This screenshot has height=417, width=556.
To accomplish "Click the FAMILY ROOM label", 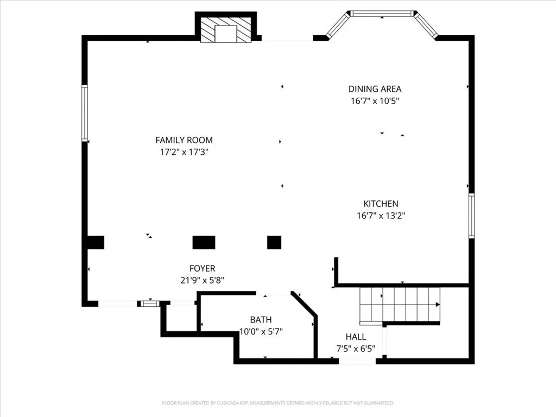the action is pos(184,140).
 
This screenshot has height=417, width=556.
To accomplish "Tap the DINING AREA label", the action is pos(375,89).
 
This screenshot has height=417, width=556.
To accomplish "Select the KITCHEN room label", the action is pos(381,204).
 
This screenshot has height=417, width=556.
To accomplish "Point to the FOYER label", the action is pos(202,268).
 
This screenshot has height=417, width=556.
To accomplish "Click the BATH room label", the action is pos(261,319).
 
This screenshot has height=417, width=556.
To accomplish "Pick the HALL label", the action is pos(356,337).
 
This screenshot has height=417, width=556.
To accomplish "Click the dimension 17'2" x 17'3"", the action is pos(184,152).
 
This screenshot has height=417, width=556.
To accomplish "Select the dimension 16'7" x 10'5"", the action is pos(375,101).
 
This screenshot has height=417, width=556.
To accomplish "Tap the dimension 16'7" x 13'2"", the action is pos(381,216).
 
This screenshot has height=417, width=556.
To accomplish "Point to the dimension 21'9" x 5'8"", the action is pos(202,280).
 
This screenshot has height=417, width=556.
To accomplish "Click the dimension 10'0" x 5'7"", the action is pos(261,332).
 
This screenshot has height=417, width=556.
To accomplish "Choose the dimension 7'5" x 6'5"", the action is pos(356,349).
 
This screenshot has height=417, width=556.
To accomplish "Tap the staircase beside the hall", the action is pos(400,306).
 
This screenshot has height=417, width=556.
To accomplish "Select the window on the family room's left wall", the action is pos(85,113).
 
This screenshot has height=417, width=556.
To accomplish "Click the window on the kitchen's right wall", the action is pos(472,216).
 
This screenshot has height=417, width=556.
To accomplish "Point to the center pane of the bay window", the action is pos(382,14).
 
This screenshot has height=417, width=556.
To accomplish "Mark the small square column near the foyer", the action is pos(274,243).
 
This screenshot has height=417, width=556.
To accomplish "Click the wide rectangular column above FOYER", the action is pos(204,243).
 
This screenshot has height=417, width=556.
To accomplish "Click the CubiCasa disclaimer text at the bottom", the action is pos(277,403).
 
